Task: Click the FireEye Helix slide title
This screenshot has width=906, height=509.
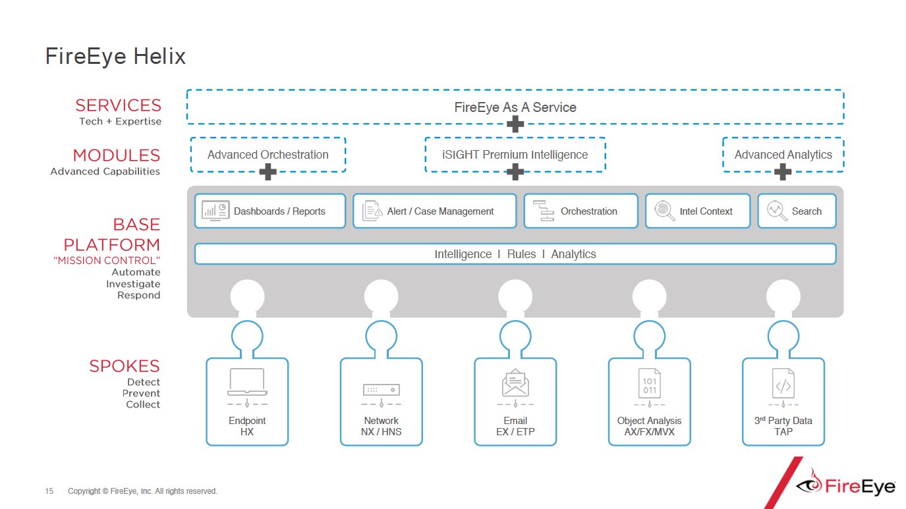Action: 115,57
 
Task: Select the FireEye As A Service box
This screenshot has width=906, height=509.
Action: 515,107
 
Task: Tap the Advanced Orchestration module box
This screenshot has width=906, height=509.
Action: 268,155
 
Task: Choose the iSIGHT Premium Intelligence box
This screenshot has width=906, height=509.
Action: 515,155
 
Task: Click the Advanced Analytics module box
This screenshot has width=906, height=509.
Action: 783,155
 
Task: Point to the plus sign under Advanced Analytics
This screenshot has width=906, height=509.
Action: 783,173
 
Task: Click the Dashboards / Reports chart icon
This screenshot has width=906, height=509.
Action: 215,211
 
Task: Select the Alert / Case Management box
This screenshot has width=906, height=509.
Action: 434,211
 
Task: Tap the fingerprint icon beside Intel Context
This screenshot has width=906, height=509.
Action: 664,211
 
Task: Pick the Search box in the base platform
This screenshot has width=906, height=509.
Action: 797,211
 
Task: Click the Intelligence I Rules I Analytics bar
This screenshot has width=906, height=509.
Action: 515,254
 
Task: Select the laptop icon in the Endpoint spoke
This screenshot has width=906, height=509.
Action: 247,381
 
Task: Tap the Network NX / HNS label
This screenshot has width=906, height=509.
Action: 382,426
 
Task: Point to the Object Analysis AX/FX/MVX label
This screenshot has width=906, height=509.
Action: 649,426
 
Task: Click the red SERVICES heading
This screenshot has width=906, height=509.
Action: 118,105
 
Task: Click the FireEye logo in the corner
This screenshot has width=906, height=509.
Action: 847,485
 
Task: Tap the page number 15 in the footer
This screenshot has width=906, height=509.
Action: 49,491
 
